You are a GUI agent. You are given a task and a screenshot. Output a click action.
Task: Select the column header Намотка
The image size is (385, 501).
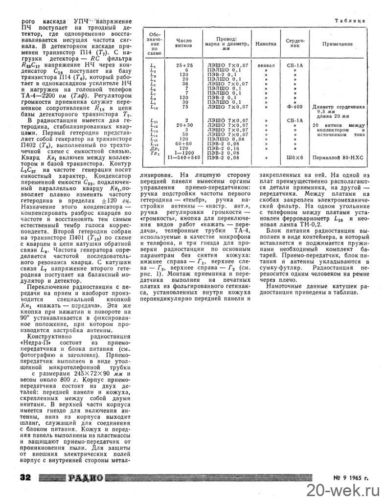point(266,44)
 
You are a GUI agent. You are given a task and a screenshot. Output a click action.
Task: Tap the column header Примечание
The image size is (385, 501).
point(337,44)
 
